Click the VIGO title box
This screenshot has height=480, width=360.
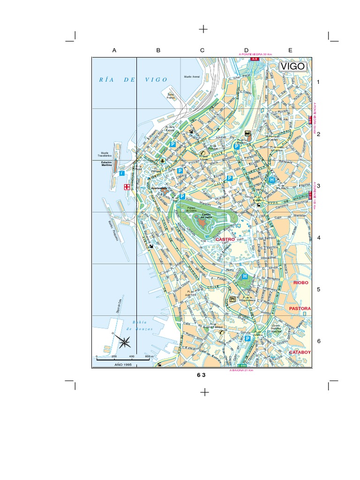293,67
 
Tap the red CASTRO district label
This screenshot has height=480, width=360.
225,239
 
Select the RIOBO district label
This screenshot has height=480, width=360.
301,283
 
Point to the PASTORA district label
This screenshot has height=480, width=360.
300,309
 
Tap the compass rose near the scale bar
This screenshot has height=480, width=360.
125,343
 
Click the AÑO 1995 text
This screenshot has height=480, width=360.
118,364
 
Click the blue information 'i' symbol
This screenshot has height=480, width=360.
122,173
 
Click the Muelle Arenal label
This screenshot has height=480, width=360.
191,76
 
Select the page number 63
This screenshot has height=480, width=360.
202,375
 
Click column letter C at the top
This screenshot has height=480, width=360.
202,50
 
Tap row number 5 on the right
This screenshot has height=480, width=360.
318,289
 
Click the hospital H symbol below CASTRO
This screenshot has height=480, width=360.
244,277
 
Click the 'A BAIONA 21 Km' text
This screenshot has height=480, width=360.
241,370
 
